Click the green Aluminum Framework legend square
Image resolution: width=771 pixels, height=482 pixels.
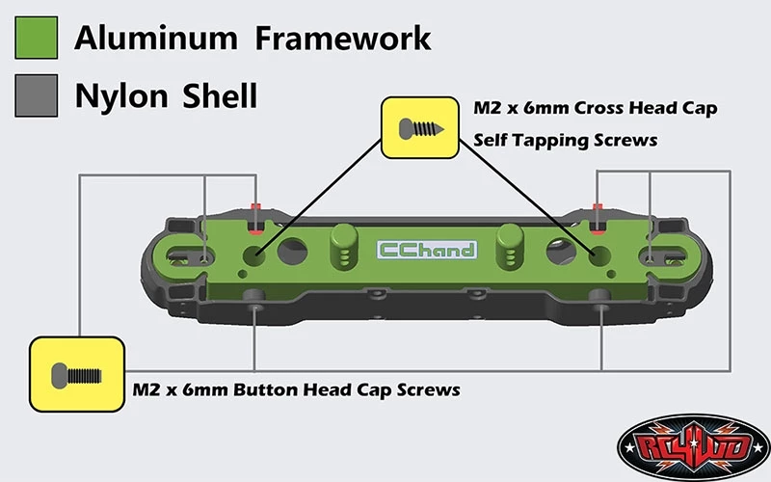coord(37,38)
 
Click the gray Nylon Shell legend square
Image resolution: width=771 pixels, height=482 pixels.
coord(37,95)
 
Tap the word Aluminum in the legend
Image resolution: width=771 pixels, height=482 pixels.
coord(156,39)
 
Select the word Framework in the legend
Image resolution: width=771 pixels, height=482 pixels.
coord(343,39)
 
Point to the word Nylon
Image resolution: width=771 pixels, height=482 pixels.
coord(121,95)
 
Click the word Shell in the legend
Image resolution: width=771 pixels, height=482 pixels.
coord(220,95)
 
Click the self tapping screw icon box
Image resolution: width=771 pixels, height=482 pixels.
coord(420,128)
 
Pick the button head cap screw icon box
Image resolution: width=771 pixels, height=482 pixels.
coord(77,374)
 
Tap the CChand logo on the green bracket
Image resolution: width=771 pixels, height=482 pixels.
coord(427,250)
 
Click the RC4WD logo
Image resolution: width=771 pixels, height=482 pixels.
coord(693,447)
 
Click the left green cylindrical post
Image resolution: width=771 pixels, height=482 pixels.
coord(344,247)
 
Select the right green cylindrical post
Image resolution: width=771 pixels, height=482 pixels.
coord(510,247)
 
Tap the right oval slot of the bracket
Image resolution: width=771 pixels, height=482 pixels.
coord(663,256)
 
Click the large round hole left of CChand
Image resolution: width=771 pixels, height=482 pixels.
coord(293,251)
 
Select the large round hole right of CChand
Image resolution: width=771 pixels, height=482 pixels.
coord(562,251)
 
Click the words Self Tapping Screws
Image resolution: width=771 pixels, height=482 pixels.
coord(566,141)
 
